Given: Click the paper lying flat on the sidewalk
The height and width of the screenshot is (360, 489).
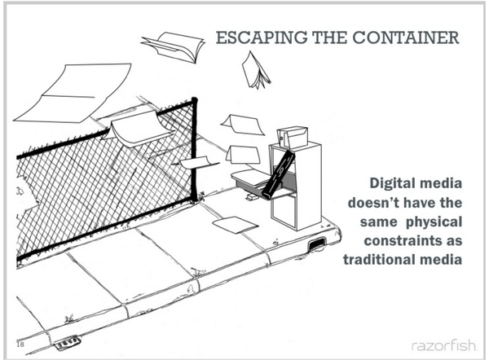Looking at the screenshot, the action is pyautogui.click(x=235, y=224).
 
